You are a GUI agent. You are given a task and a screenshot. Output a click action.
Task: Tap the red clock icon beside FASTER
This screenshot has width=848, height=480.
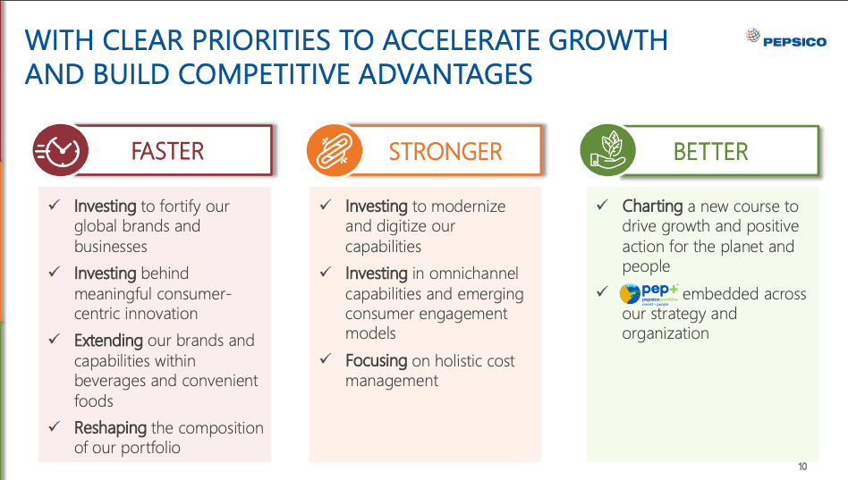tap(60, 150)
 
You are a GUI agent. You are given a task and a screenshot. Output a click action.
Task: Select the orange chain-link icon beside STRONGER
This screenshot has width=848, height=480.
tap(334, 150)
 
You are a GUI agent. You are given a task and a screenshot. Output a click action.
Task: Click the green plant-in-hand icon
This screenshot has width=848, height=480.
tap(608, 150)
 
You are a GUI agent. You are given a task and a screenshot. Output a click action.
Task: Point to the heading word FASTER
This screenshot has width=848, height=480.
tap(167, 151)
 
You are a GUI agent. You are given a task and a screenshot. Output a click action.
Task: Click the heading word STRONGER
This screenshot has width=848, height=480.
tap(445, 151)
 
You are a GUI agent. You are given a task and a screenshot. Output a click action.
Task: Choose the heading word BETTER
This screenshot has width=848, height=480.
tap(710, 151)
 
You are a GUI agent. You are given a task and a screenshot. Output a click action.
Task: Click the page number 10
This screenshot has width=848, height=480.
tap(802, 466)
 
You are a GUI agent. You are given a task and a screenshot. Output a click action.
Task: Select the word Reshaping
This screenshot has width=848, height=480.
tap(110, 428)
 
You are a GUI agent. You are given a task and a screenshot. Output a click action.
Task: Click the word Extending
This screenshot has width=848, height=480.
tap(108, 341)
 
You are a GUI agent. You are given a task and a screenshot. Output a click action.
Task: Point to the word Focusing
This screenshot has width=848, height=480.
tap(377, 360)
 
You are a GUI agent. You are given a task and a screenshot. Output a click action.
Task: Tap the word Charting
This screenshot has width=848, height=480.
tap(652, 206)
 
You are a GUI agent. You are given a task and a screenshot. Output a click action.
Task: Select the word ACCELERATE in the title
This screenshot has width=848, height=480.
tap(462, 40)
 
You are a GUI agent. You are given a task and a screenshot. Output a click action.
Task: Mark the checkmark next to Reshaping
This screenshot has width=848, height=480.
tap(54, 426)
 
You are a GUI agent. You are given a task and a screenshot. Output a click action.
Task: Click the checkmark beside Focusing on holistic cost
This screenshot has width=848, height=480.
tap(326, 358)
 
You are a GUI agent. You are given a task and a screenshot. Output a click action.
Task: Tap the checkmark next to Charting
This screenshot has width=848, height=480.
tap(603, 205)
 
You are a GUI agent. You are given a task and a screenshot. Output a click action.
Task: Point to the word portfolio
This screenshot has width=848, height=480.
tap(150, 448)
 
